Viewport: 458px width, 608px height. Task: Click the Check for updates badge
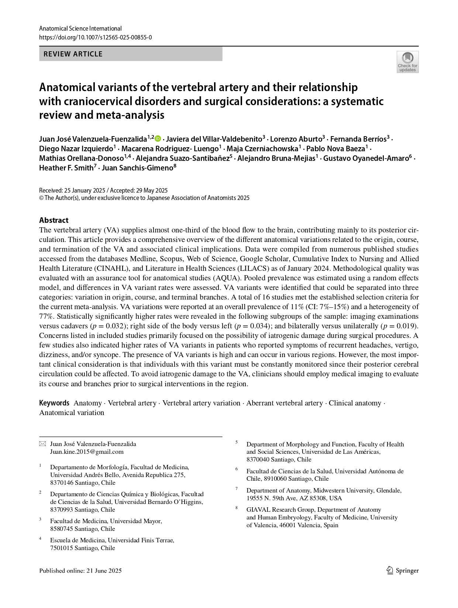pyautogui.click(x=407, y=62)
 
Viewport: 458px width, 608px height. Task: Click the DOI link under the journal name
pyautogui.click(x=95, y=37)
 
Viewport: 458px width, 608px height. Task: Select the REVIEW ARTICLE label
pyautogui.click(x=73, y=54)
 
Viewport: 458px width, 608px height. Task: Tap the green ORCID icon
pyautogui.click(x=158, y=139)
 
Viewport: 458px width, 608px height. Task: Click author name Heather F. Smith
pyautogui.click(x=66, y=168)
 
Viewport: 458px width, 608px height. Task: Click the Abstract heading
pyautogui.click(x=54, y=220)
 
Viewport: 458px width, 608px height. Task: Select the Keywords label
pyautogui.click(x=54, y=403)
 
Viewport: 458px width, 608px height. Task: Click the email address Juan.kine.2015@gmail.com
pyautogui.click(x=87, y=452)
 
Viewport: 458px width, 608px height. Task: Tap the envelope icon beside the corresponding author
pyautogui.click(x=43, y=444)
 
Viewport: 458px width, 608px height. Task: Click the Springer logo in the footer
pyautogui.click(x=403, y=570)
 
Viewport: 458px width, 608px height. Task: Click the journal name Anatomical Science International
pyautogui.click(x=80, y=28)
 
